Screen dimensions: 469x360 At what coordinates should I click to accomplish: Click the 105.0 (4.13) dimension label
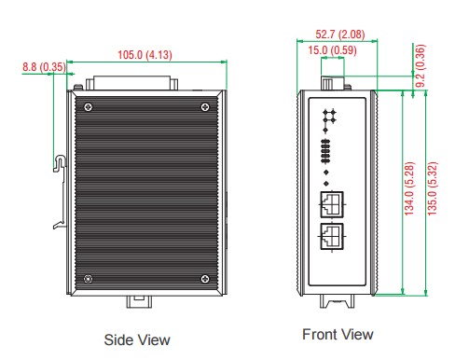[145, 55]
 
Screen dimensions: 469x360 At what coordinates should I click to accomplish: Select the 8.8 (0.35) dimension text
[44, 67]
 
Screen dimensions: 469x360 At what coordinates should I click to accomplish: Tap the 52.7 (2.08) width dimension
[340, 34]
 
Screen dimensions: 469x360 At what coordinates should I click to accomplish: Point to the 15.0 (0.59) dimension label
[332, 50]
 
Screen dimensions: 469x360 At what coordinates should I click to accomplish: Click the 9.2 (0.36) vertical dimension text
[420, 65]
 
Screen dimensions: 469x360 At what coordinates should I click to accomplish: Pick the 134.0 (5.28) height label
[409, 188]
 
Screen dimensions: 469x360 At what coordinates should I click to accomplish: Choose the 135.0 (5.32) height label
[432, 188]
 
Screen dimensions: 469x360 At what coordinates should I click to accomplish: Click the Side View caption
[137, 339]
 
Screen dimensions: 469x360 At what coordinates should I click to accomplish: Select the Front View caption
[338, 335]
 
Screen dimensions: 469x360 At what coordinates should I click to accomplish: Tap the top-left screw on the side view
[89, 107]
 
